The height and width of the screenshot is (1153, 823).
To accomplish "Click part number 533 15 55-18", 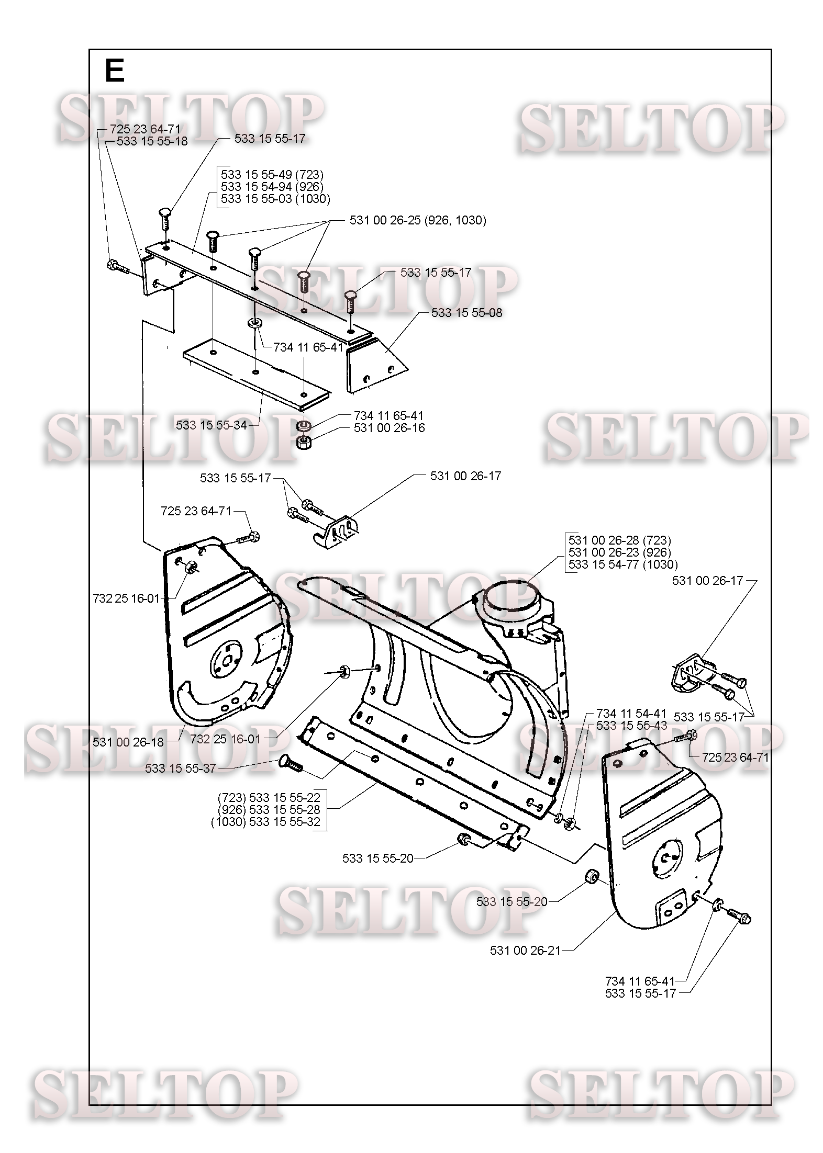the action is (x=152, y=141).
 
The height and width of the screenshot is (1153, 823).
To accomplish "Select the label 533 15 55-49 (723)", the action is (x=272, y=174).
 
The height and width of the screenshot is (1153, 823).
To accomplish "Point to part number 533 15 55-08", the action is (x=467, y=313).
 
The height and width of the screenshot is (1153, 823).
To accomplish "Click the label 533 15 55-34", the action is (x=212, y=425).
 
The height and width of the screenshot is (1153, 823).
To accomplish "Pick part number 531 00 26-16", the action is (x=390, y=428).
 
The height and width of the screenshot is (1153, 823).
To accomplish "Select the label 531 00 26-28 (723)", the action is (x=620, y=540).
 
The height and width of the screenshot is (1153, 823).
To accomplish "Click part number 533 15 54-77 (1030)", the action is (x=623, y=564).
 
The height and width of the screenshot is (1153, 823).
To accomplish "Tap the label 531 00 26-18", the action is (x=128, y=742).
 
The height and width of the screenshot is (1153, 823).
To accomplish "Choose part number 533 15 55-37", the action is (x=181, y=768).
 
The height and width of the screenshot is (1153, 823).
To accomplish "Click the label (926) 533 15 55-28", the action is (x=268, y=810).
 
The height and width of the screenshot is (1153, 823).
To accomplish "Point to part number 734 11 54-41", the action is (x=631, y=714).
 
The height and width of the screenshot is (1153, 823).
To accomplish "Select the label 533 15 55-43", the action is (x=631, y=726).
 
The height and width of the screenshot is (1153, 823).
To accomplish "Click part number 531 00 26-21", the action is (x=525, y=951).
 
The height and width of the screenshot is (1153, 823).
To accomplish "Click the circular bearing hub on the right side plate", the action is (x=668, y=860).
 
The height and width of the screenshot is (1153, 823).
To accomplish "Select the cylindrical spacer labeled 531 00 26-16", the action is (x=304, y=443).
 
